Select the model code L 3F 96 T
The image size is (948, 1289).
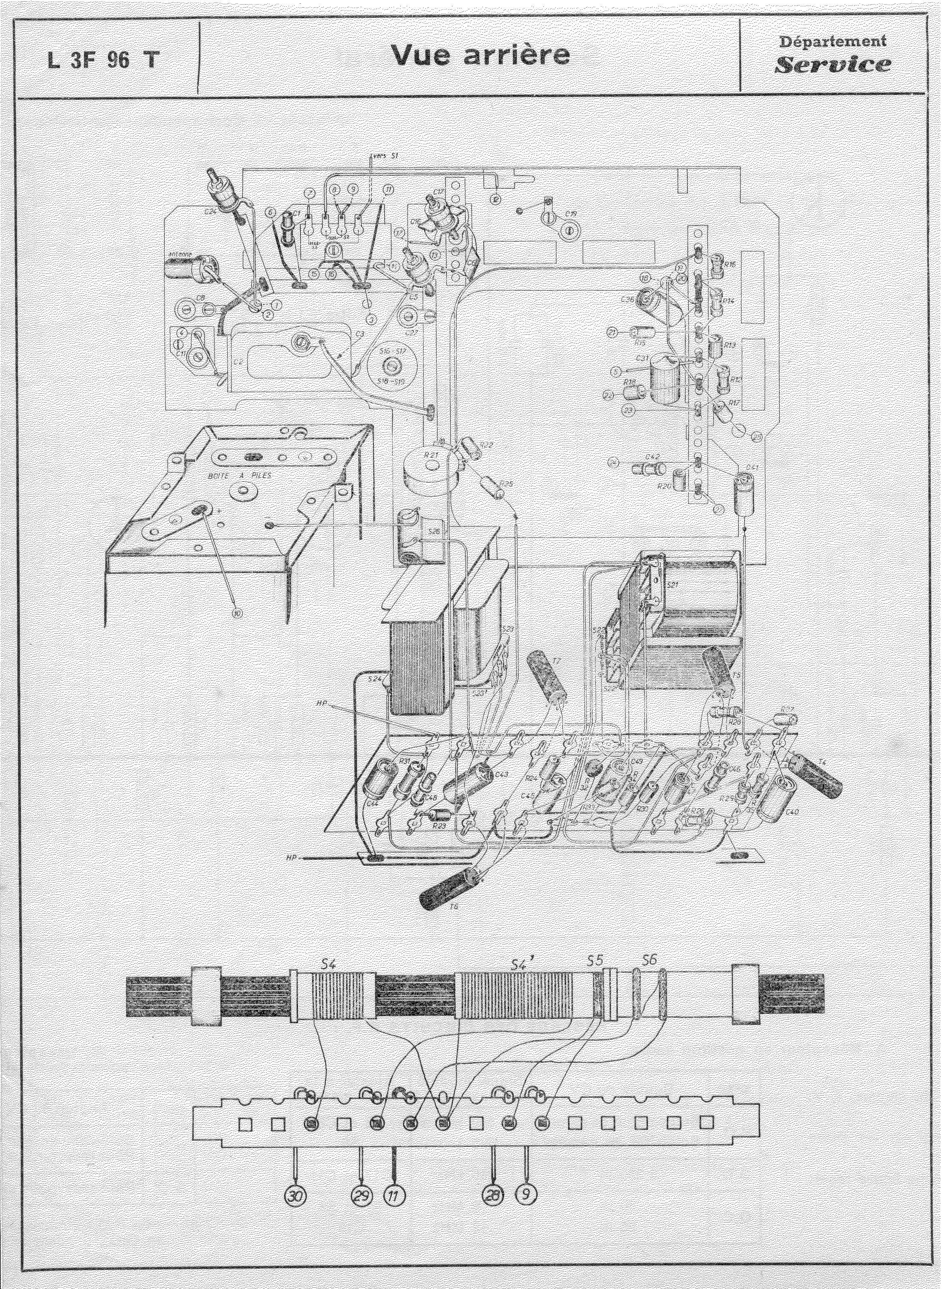pyautogui.click(x=102, y=60)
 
